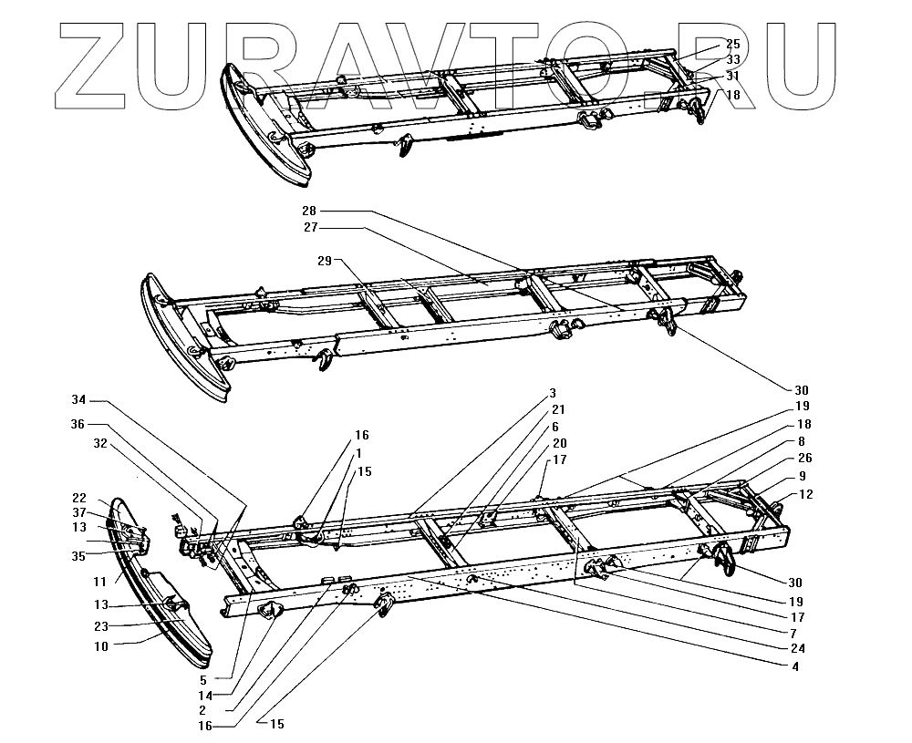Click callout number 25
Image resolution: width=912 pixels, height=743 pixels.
(x=733, y=44)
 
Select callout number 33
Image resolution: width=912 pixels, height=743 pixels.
(x=733, y=59)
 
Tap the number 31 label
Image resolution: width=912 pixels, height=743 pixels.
(x=733, y=76)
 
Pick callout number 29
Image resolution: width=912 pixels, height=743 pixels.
(x=325, y=262)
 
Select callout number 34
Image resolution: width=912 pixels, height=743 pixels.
(x=79, y=399)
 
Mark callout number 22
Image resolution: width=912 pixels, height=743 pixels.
(x=79, y=498)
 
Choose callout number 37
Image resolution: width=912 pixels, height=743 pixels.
(x=79, y=512)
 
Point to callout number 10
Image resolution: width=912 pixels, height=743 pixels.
(x=99, y=646)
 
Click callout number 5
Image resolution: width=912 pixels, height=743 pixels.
(x=203, y=679)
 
